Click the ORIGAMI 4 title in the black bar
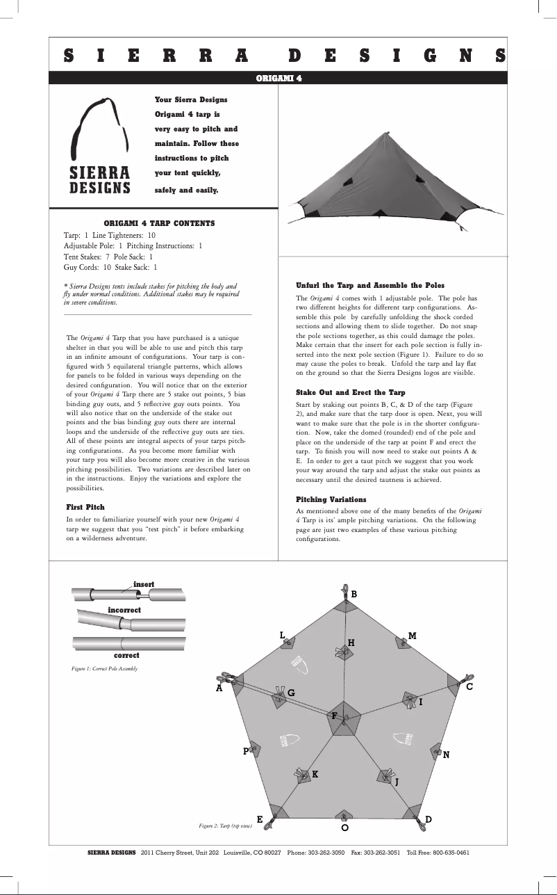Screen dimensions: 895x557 pyautogui.click(x=278, y=79)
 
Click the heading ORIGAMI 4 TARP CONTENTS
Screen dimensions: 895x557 pyautogui.click(x=159, y=223)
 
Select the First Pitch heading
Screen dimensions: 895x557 pyautogui.click(x=85, y=507)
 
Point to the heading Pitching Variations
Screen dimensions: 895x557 pyautogui.click(x=331, y=499)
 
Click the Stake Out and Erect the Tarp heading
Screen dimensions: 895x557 pyautogui.click(x=350, y=392)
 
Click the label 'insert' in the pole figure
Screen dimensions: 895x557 pyautogui.click(x=143, y=583)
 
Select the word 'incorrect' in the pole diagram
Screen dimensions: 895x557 pyautogui.click(x=124, y=610)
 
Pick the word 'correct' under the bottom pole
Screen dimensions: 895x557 pyautogui.click(x=126, y=655)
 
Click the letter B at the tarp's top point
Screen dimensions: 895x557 pyautogui.click(x=354, y=595)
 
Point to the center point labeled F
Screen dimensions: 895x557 pyautogui.click(x=334, y=716)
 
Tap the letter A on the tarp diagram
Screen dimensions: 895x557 pyautogui.click(x=219, y=688)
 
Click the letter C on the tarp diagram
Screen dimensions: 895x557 pyautogui.click(x=469, y=687)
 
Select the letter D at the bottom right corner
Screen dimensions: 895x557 pyautogui.click(x=429, y=820)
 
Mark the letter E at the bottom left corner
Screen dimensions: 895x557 pyautogui.click(x=260, y=820)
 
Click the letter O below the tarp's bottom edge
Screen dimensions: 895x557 pyautogui.click(x=344, y=828)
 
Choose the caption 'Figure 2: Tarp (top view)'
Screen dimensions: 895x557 pyautogui.click(x=225, y=825)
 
